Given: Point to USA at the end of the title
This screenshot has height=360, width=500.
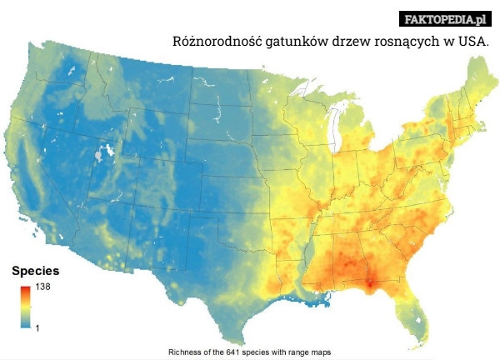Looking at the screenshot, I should click(473, 41).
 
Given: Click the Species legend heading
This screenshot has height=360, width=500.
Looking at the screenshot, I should click(35, 272).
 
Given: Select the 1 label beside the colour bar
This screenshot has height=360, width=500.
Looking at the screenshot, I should click(37, 327).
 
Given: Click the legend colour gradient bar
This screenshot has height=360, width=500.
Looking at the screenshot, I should click(27, 307).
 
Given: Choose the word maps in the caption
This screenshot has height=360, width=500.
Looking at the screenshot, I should click(321, 352).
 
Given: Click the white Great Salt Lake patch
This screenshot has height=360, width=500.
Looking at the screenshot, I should click(103, 154).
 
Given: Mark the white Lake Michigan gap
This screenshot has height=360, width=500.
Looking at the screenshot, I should click(337, 125).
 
